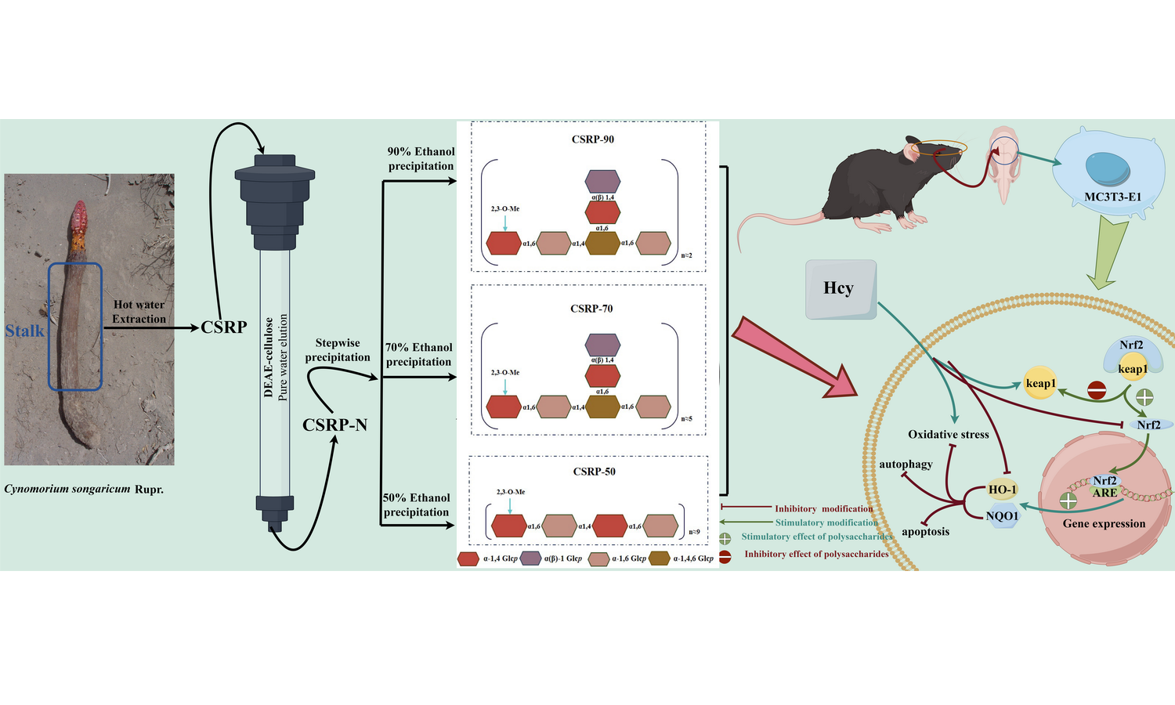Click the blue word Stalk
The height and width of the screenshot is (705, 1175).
click(x=25, y=331)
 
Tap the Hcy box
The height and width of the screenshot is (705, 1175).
click(x=840, y=289)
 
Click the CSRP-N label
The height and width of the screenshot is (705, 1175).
click(x=334, y=425)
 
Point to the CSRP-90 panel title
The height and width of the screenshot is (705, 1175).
click(x=592, y=139)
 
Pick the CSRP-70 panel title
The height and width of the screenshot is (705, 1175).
click(x=591, y=309)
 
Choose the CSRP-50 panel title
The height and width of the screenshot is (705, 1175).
click(x=594, y=472)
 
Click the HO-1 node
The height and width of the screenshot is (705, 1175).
click(x=1002, y=490)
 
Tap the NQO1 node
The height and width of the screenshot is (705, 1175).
click(x=1002, y=516)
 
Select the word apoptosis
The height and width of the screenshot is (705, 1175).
click(x=925, y=532)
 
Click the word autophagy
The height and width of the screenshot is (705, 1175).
click(x=906, y=465)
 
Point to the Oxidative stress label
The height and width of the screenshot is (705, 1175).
click(x=948, y=434)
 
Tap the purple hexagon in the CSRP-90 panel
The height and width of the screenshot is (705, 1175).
click(x=602, y=182)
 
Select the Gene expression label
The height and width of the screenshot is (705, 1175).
click(x=1104, y=523)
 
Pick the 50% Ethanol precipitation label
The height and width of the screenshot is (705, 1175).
click(x=417, y=504)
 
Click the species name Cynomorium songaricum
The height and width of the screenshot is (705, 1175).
click(x=67, y=489)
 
